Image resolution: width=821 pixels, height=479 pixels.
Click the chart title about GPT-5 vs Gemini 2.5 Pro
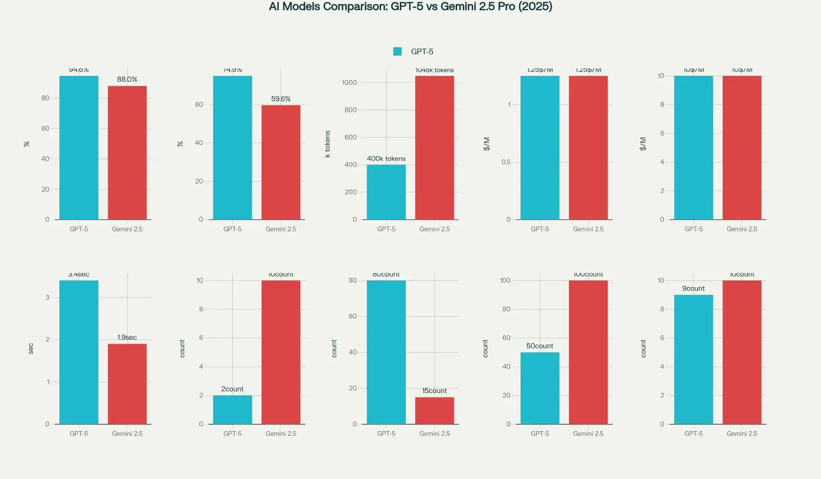(410, 7)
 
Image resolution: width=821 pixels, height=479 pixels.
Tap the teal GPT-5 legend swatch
(397, 51)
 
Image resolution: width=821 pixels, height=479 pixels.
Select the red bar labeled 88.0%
(127, 153)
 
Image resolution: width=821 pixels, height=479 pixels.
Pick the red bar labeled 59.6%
(281, 163)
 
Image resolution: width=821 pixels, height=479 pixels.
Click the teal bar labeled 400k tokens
(386, 192)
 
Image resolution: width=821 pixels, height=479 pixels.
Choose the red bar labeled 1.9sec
(127, 384)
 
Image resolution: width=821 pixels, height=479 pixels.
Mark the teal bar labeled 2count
(232, 410)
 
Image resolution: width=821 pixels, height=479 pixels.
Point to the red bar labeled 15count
(434, 411)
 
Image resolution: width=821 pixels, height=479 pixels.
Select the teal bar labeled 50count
(540, 388)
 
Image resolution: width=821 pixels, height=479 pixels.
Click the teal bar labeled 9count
(693, 359)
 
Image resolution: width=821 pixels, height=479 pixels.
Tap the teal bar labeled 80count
(386, 352)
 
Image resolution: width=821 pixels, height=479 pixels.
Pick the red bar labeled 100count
(588, 352)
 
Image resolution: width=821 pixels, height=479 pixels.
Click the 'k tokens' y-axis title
(328, 144)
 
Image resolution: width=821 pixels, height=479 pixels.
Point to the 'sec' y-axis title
(31, 349)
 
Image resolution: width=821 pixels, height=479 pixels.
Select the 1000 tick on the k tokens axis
(349, 83)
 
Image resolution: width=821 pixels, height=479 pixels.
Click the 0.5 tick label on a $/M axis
(506, 162)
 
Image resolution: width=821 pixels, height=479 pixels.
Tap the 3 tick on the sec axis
(47, 297)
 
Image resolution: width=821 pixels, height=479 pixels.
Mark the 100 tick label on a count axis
(505, 281)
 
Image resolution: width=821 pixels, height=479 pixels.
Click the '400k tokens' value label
(386, 159)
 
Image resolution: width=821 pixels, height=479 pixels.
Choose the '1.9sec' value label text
(127, 337)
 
